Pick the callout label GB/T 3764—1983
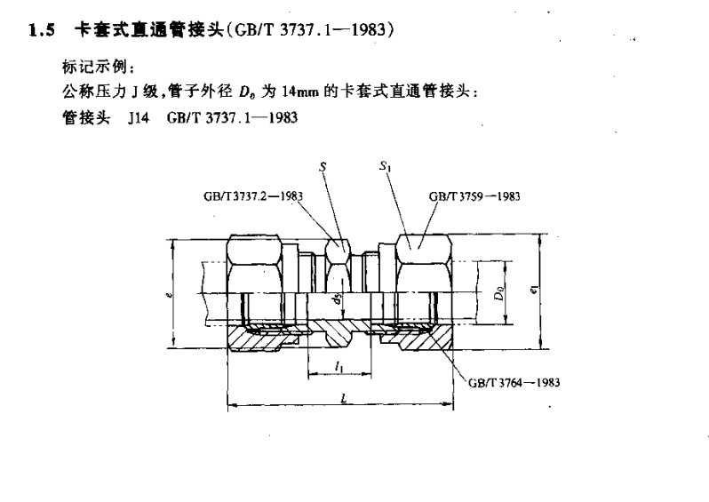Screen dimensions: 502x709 [x=514, y=383]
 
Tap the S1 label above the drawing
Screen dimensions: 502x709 [x=385, y=166]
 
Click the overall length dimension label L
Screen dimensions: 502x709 [x=343, y=399]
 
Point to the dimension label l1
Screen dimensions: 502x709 [x=339, y=366]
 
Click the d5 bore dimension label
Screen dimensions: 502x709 [x=337, y=300]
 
